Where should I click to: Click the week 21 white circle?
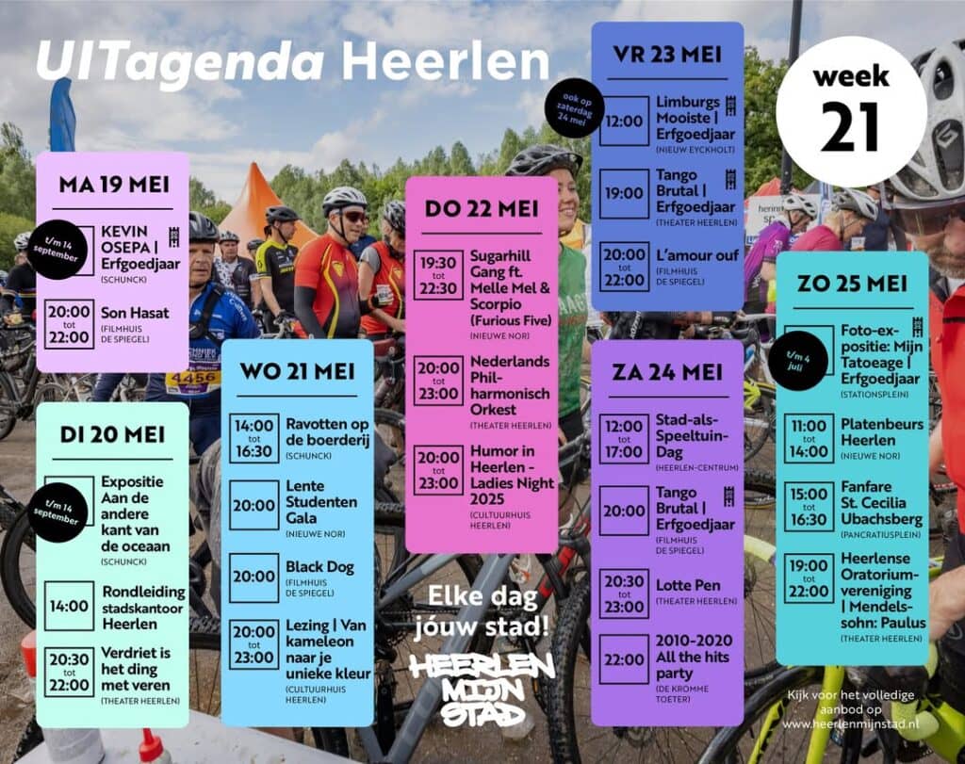tap(851, 111)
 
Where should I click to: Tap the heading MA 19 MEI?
tap(113, 184)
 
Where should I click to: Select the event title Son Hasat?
tap(135, 312)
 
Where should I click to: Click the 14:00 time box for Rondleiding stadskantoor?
tap(69, 606)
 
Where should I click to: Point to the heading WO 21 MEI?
tap(297, 371)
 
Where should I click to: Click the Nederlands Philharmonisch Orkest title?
tap(509, 385)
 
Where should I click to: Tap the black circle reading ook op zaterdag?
tap(574, 107)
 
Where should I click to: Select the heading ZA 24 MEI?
tap(666, 371)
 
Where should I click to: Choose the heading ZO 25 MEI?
tap(852, 284)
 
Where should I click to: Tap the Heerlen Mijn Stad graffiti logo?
tap(482, 690)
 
